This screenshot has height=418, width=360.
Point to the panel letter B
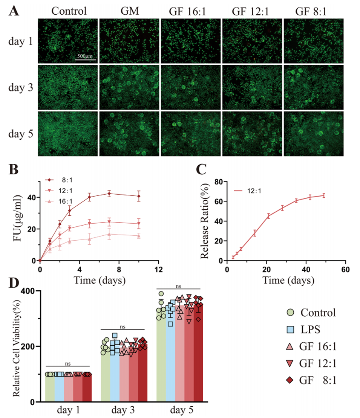pos(14,175)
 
